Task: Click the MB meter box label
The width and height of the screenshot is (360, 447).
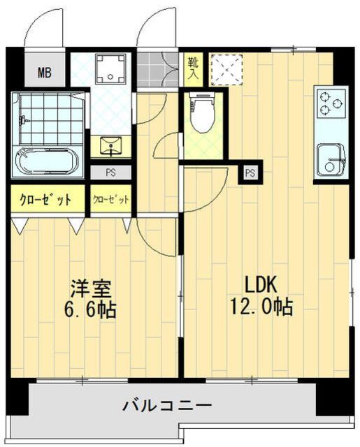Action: coord(45,73)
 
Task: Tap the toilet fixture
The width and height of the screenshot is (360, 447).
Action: coord(203,113)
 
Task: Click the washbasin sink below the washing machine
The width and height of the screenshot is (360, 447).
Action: coord(111,146)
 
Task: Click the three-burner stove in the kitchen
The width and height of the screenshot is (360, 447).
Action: coord(331,103)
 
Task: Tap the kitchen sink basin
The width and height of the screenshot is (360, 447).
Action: coord(331,160)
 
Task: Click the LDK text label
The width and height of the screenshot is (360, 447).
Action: coord(261,285)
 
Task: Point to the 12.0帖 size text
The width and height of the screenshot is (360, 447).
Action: coord(261,307)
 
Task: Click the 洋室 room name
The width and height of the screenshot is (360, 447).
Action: coord(90,288)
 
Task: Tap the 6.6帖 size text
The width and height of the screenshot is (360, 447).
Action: coord(90,309)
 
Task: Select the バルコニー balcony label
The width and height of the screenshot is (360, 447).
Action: coord(167,405)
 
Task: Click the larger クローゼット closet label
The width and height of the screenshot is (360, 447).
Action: coord(45,200)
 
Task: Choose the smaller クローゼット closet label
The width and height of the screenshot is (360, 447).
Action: coord(111,199)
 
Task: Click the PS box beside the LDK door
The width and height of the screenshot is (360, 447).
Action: coord(250,173)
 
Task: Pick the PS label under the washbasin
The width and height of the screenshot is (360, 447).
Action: coord(110,173)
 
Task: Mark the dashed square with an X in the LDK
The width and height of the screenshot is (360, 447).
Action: coord(226,69)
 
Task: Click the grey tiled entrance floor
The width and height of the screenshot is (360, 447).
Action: coord(157,70)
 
